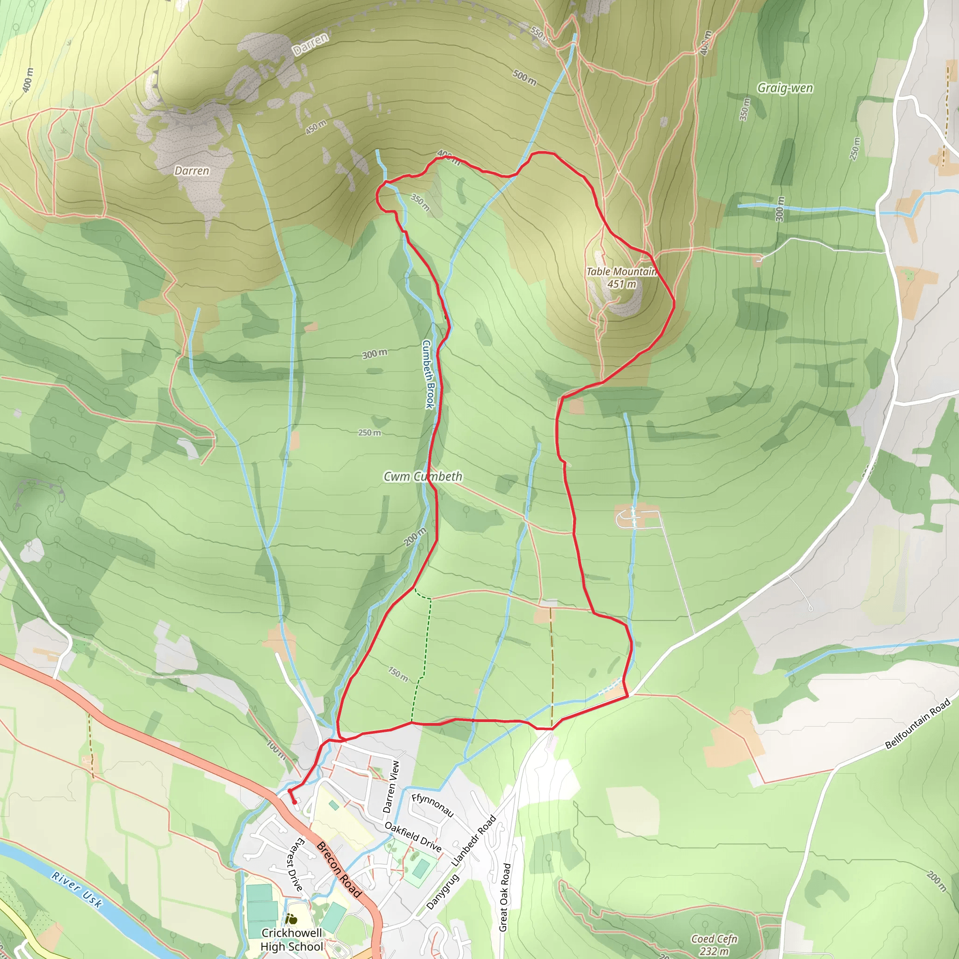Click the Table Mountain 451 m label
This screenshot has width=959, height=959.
(621, 278)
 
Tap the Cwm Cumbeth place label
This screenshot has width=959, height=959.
(423, 477)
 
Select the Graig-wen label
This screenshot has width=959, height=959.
(785, 89)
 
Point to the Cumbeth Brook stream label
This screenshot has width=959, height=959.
(428, 374)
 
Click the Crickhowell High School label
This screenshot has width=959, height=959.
(291, 940)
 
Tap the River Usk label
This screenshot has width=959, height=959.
(77, 890)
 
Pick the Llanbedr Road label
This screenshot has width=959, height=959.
(474, 841)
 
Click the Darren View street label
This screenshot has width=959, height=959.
(391, 787)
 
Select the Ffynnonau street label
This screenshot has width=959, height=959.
(432, 804)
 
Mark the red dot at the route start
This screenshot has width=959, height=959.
(295, 802)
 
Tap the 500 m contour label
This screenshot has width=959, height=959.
(524, 77)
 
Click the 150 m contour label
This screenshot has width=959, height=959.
(398, 674)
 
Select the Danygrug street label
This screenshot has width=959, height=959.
(443, 892)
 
